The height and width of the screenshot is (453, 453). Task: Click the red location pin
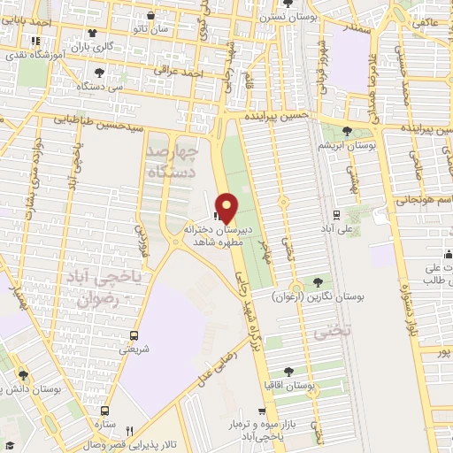coord(226,208)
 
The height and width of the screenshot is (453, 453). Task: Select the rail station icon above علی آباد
coord(336,214)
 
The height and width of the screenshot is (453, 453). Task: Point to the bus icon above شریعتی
coord(134,335)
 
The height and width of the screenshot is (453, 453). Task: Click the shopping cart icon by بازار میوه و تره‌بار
coord(262,411)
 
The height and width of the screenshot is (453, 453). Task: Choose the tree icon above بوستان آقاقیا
coord(289,372)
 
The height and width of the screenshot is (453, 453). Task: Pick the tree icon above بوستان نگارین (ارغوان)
coord(318,283)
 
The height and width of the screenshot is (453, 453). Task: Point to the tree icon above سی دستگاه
coord(98,73)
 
